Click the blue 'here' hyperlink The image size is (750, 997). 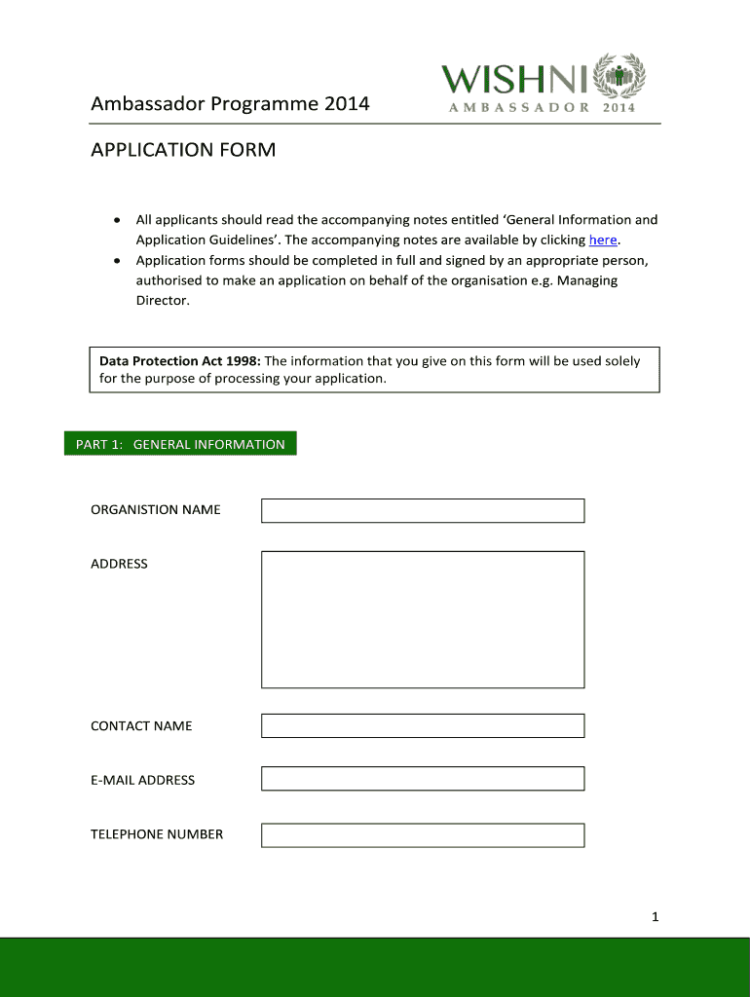[x=603, y=240]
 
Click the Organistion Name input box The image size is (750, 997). [x=423, y=510]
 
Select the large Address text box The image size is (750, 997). [x=423, y=619]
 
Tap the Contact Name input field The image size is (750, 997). [x=423, y=725]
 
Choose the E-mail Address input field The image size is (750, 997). [x=423, y=779]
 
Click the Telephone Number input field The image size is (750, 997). [x=423, y=834]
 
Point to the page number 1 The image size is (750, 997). [x=656, y=916]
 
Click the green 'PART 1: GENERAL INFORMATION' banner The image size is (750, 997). [x=180, y=444]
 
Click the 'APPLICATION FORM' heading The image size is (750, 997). [x=183, y=150]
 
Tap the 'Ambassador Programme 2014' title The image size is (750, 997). [x=230, y=102]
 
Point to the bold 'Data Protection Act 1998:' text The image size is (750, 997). [x=179, y=361]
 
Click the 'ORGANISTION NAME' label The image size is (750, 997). [x=156, y=509]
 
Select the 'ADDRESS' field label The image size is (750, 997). [x=119, y=564]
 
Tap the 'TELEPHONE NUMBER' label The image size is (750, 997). [x=157, y=834]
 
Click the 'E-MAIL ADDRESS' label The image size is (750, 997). [x=142, y=780]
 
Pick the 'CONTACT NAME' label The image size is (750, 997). [x=141, y=726]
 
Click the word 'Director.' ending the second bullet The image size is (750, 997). [x=163, y=302]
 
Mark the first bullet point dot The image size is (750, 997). [x=117, y=220]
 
